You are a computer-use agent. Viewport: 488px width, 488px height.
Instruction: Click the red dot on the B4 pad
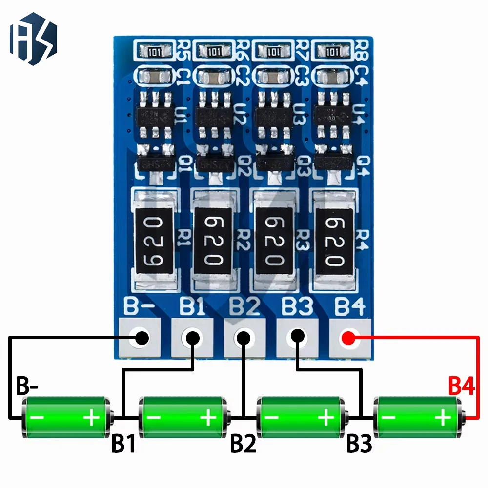348,338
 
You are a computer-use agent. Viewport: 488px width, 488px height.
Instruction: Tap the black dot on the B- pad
142,337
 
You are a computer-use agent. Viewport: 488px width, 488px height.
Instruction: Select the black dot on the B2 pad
243,337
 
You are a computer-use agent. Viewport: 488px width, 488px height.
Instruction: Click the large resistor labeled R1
155,239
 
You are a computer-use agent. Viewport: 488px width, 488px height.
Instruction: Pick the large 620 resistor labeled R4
334,239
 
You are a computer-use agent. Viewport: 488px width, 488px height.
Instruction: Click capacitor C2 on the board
213,76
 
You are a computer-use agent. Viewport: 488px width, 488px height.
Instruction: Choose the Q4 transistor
333,162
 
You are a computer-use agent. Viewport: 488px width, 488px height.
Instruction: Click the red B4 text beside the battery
462,386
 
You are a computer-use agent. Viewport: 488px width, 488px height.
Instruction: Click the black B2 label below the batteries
243,444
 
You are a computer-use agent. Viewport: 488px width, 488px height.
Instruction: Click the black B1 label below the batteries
124,444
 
